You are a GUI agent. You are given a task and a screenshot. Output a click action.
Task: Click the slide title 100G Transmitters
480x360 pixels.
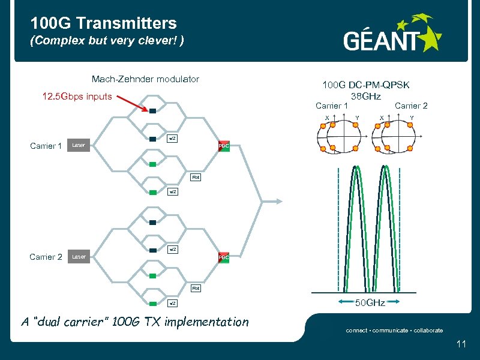tap(104, 23)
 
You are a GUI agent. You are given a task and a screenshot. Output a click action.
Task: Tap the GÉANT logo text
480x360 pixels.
tap(382, 40)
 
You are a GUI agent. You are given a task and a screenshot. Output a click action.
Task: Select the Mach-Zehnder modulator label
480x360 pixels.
tap(145, 79)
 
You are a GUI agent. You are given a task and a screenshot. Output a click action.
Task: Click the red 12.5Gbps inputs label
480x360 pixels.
tap(77, 96)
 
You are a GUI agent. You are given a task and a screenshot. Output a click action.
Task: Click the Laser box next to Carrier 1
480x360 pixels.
tap(79, 145)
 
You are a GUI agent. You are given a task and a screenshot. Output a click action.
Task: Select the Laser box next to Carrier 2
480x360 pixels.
tap(79, 257)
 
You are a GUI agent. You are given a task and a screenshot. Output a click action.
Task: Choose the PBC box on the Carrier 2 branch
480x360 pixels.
tap(224, 257)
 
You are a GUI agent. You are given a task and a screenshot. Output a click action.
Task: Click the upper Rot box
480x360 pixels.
tap(196, 178)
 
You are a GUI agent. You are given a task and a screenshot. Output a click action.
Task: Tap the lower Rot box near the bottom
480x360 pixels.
tap(196, 289)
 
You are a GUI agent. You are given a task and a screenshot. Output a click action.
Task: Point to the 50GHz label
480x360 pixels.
tap(371, 303)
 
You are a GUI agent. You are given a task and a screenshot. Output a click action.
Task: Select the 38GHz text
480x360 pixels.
tap(366, 96)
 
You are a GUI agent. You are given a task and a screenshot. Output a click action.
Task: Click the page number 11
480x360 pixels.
tap(461, 344)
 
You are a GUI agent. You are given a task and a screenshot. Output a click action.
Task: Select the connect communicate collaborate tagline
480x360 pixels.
tap(394, 330)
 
